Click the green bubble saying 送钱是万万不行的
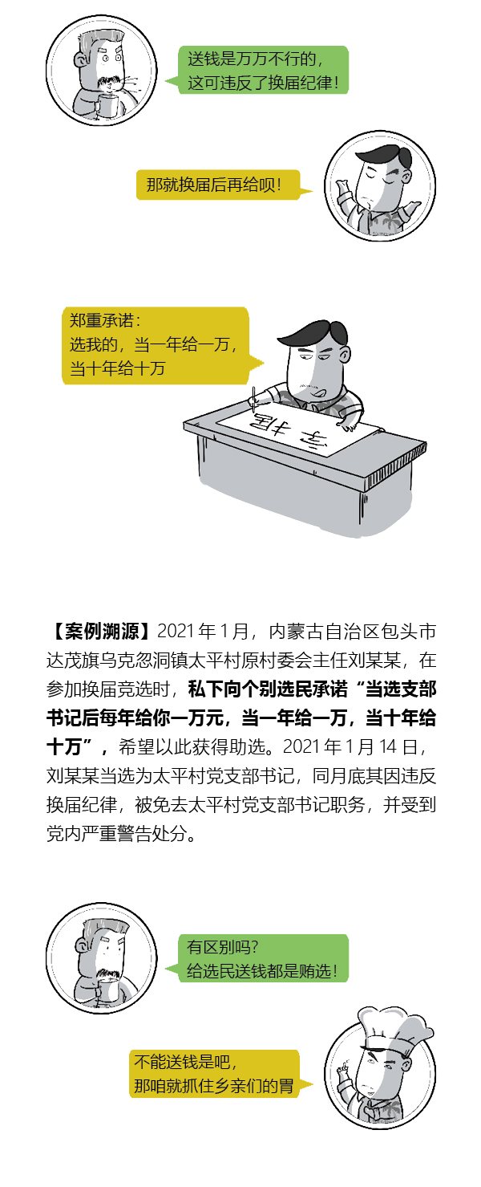coord(262,70)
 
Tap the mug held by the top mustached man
coord(108,105)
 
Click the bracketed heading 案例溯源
coord(101,631)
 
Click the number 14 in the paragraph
coord(387,746)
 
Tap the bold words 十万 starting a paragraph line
coord(64,746)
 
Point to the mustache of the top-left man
coord(108,82)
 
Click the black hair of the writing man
coord(312,333)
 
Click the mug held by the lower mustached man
coord(108,991)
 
